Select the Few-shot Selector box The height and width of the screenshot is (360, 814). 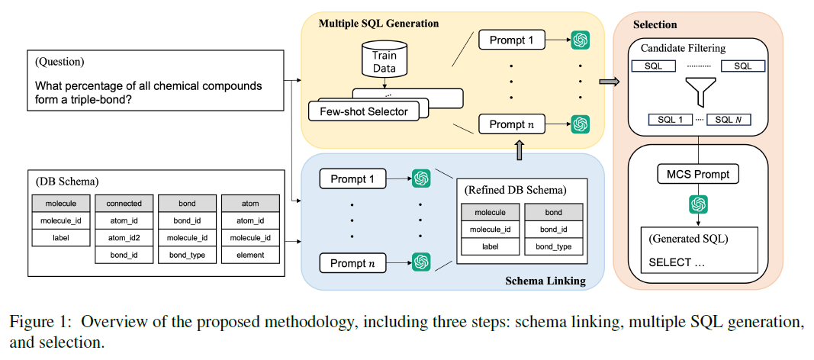pyautogui.click(x=363, y=111)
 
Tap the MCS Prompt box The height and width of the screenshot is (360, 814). pyautogui.click(x=698, y=175)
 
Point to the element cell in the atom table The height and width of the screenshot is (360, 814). pyautogui.click(x=251, y=255)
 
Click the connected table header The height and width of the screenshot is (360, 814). pyautogui.click(x=124, y=204)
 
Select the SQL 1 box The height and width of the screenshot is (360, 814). pyautogui.click(x=671, y=120)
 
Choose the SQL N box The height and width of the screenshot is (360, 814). pyautogui.click(x=729, y=120)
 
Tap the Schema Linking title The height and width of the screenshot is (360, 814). pyautogui.click(x=545, y=281)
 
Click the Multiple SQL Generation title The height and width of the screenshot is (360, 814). pyautogui.click(x=378, y=24)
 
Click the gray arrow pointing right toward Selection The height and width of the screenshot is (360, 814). pyautogui.click(x=608, y=82)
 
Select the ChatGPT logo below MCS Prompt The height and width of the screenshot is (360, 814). pyautogui.click(x=699, y=204)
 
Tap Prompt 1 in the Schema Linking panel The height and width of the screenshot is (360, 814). pyautogui.click(x=352, y=179)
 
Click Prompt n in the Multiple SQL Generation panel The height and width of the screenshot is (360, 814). pyautogui.click(x=511, y=124)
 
